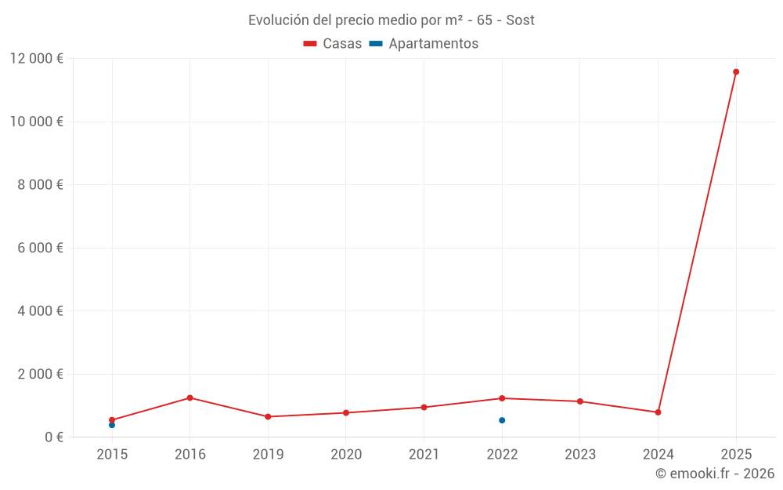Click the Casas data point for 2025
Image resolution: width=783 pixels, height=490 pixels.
(736, 72)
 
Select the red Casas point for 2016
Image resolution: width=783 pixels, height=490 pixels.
(190, 397)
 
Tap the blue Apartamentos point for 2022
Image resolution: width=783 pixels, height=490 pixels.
(502, 420)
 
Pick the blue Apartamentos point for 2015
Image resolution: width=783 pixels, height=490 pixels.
(112, 425)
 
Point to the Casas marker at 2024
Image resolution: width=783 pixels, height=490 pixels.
(658, 412)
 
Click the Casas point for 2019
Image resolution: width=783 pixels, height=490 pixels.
(268, 416)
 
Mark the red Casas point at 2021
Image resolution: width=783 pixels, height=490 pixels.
(424, 407)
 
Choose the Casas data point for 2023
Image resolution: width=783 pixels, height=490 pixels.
(580, 401)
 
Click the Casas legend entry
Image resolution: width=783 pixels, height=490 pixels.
(333, 44)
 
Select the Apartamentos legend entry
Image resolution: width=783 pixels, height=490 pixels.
(424, 44)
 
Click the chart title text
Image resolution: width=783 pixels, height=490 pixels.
(391, 20)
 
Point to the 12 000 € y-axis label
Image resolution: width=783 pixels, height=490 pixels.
(37, 59)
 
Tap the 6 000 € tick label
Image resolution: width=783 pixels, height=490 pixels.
(40, 248)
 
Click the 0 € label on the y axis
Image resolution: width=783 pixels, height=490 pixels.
(54, 437)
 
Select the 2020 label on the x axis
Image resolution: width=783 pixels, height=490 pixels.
(346, 455)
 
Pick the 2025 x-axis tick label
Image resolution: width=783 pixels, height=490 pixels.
(736, 455)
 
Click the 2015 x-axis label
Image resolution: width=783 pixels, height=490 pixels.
(112, 455)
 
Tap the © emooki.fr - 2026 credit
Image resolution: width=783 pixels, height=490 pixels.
(715, 474)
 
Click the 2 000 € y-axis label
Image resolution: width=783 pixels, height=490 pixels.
(40, 374)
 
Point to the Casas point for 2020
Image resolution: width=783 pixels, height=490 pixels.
(346, 412)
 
